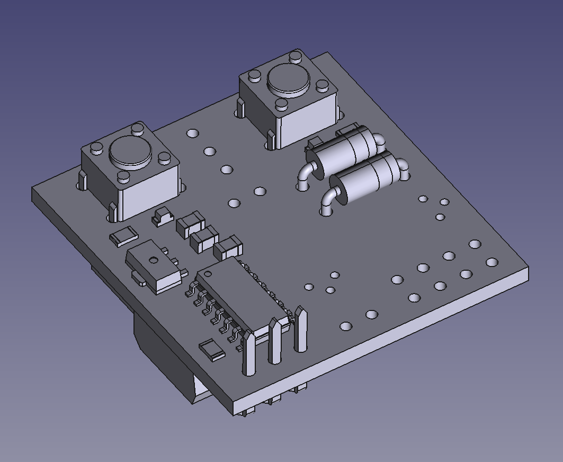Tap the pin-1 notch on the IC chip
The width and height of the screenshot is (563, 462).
tap(206, 273)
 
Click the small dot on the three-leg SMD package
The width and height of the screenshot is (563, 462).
tap(154, 260)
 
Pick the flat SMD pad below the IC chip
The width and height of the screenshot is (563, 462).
tap(212, 350)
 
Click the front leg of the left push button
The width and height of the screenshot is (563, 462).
tap(113, 212)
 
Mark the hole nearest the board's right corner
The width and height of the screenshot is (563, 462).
tap(492, 262)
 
